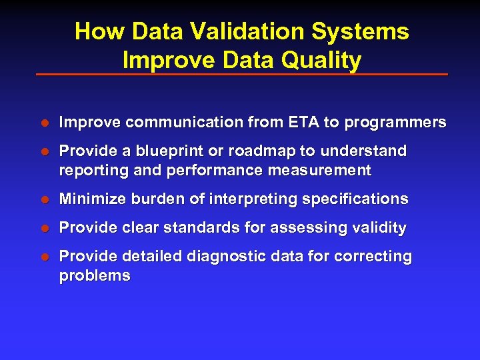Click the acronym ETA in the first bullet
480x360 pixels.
304,123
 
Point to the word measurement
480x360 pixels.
319,171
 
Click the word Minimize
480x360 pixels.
89,199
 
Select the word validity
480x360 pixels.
379,228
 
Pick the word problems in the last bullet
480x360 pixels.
95,276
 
